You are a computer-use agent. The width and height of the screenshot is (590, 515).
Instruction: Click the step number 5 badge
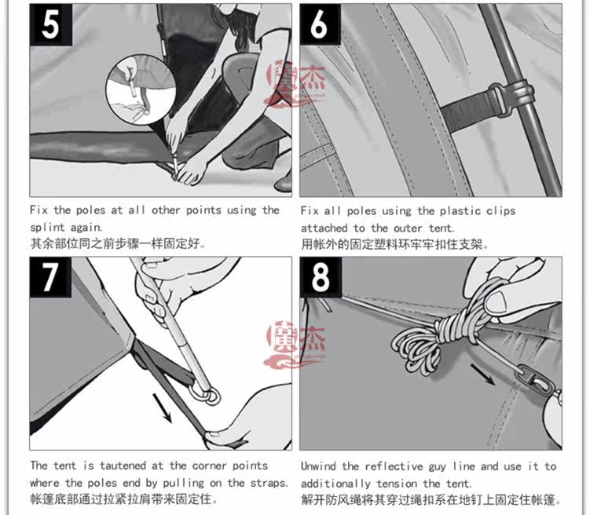51,25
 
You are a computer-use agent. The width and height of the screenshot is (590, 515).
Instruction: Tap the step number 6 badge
321,24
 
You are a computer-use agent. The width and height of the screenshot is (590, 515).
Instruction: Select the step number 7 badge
50,277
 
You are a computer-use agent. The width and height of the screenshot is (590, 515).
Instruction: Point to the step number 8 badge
321,277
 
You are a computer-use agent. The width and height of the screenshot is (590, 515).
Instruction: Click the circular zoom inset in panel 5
141,89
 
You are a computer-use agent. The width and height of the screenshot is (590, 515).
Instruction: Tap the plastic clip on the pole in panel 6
510,97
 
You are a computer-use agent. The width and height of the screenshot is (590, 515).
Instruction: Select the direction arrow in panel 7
162,408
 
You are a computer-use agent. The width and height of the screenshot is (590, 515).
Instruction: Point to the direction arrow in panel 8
483,374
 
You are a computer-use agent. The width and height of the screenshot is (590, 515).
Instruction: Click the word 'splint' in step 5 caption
47,228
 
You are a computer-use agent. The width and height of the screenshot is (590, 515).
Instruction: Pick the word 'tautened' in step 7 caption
123,466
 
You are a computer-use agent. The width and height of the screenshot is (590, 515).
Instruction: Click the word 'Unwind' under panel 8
318,466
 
